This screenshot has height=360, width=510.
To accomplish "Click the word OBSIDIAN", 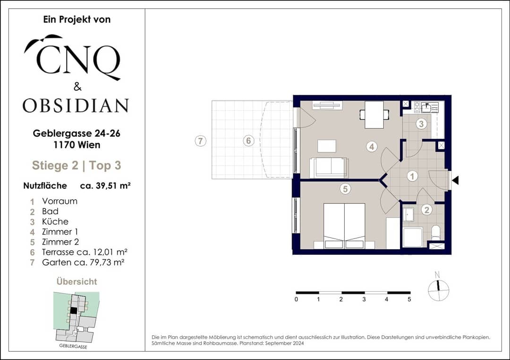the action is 76,106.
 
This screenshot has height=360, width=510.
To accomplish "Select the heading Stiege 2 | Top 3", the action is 76,166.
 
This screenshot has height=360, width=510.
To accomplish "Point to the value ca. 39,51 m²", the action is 105,186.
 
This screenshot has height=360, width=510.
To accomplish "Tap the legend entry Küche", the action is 55,222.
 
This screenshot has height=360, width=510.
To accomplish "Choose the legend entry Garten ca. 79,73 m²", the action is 83,262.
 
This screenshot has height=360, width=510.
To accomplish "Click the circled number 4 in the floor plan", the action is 372,147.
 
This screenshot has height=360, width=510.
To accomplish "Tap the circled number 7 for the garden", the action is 200,141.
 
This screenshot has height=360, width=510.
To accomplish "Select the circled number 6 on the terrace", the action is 248,141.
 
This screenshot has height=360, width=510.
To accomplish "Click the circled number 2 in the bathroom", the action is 427,210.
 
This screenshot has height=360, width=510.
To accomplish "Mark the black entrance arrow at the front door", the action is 455,180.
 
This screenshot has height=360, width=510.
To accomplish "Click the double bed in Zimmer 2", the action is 344,226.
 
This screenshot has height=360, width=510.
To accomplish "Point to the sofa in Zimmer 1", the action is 329,167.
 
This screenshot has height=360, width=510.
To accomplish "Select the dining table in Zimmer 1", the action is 374,115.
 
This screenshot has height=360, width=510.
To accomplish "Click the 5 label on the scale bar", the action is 409,299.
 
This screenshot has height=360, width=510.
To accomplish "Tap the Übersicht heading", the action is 77,281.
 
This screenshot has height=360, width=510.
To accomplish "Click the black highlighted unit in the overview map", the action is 74,310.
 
